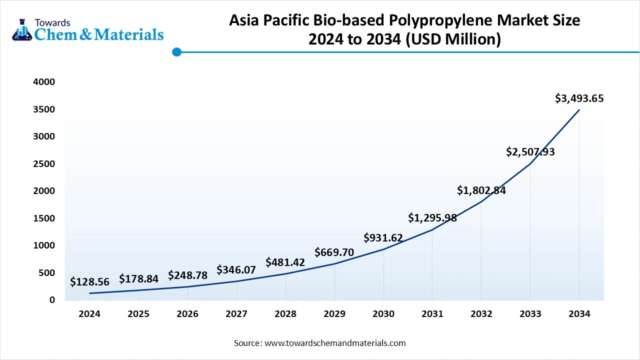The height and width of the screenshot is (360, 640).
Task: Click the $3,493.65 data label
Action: point(579,98)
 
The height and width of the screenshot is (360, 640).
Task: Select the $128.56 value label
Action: point(89,282)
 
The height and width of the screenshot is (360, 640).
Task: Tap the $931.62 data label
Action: point(383,238)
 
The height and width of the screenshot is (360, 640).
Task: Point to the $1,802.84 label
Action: point(481,190)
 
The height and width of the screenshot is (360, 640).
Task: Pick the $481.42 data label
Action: point(285,262)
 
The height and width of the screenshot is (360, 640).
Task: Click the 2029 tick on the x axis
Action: point(334,314)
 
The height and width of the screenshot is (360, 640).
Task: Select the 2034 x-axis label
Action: point(579,314)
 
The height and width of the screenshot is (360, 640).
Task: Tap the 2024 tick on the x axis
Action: point(89,314)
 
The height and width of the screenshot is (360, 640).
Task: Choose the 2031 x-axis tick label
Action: point(432,314)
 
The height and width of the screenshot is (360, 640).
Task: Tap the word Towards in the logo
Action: point(52,22)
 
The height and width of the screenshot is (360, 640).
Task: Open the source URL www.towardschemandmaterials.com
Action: point(335,343)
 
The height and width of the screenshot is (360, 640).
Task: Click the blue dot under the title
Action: point(176,52)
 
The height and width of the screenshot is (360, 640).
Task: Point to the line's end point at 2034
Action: point(579,109)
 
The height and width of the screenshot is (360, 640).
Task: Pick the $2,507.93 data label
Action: point(530,152)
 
